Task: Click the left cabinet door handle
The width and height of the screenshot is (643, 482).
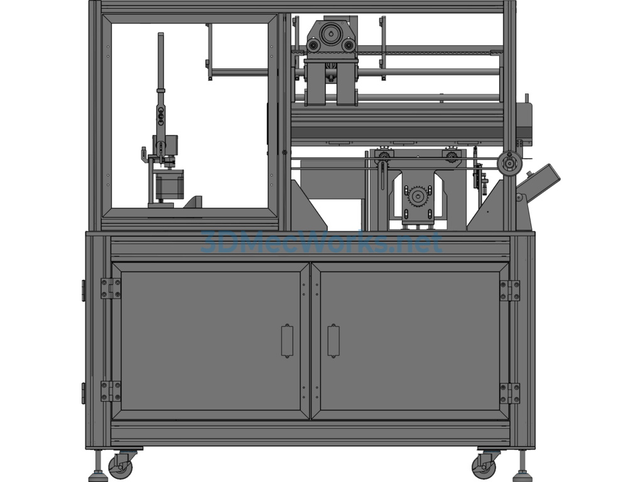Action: pos(287,341)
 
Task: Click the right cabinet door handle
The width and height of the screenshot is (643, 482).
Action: pos(333,341)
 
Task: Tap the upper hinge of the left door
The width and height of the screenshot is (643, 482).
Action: pos(111,289)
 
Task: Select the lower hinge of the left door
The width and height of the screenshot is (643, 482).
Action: pos(111,392)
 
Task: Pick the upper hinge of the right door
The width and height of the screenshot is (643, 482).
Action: pos(510,291)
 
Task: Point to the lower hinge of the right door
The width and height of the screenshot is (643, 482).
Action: pos(510,394)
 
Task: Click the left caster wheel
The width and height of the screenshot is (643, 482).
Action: pos(121,466)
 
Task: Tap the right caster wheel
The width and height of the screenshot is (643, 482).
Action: pos(484,466)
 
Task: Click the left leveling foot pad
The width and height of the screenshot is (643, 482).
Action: pos(98,477)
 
